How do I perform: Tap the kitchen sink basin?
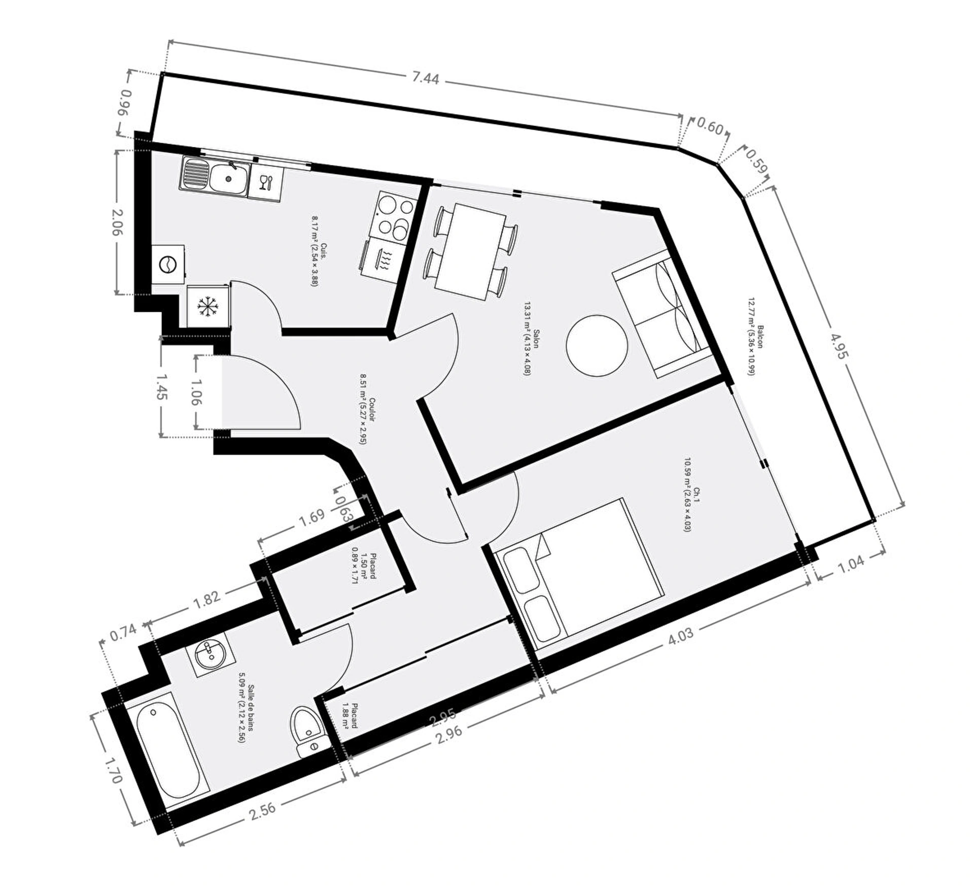[x=229, y=178]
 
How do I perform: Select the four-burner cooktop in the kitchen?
[x=396, y=216]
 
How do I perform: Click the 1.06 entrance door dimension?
[x=196, y=391]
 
